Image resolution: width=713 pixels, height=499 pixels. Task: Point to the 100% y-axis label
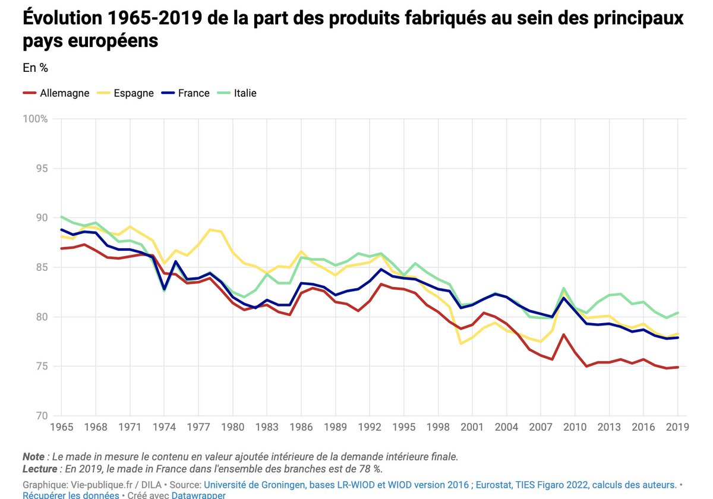(x=36, y=119)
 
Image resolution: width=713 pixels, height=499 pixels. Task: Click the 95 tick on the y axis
(x=41, y=169)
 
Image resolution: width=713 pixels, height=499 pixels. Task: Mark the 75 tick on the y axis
(x=41, y=367)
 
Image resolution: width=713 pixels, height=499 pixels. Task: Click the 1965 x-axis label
(x=61, y=427)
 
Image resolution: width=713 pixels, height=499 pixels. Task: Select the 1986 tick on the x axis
(x=301, y=427)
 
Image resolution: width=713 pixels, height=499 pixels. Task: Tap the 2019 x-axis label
(x=677, y=427)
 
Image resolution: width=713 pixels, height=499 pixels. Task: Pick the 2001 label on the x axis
(x=472, y=427)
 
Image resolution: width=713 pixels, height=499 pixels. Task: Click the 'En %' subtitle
(x=35, y=68)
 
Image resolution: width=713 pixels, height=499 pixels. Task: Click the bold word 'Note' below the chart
(x=33, y=457)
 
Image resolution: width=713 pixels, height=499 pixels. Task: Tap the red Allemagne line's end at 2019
(x=677, y=367)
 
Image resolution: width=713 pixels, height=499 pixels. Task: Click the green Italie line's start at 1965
(x=61, y=217)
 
